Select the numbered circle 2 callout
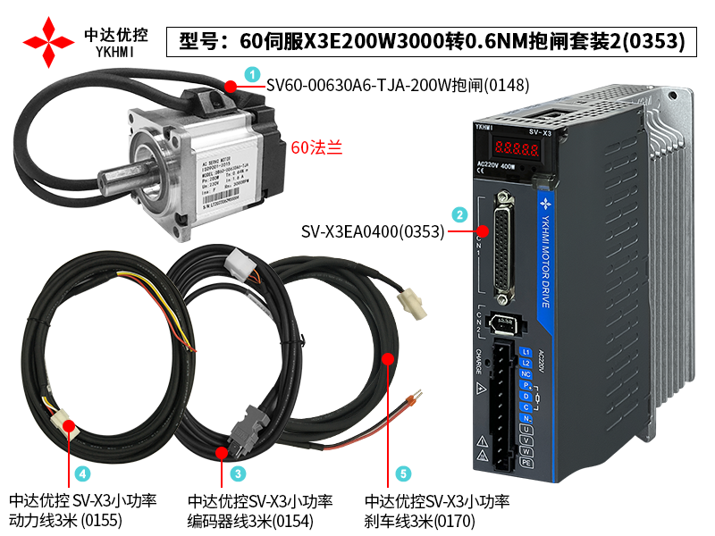click(458, 214)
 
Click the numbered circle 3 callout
click(238, 473)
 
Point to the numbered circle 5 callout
click(402, 473)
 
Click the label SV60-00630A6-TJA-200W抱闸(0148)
click(398, 86)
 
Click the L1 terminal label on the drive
click(526, 352)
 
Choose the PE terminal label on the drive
click(526, 465)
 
